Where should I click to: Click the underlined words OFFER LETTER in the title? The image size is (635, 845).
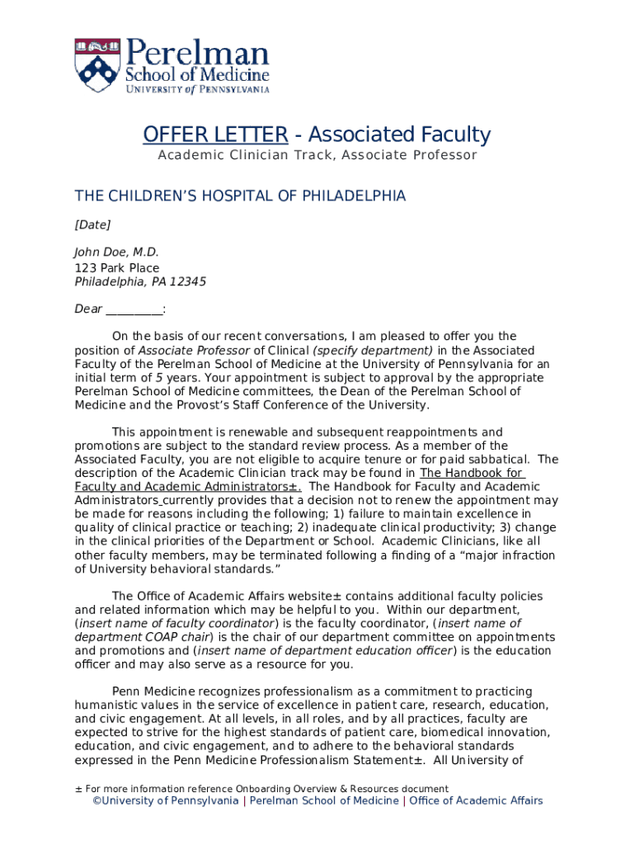[x=215, y=135]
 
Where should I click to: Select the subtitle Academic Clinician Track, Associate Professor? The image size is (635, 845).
[x=317, y=155]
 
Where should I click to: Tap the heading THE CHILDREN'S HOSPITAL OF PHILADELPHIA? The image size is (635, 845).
[x=240, y=196]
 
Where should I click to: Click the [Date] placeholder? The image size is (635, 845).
[x=92, y=224]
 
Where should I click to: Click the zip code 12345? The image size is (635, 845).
[x=188, y=281]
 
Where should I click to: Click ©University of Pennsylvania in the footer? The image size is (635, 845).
[x=165, y=800]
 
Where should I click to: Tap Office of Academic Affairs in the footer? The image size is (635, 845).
[x=476, y=800]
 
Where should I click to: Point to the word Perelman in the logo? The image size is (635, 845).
[x=197, y=55]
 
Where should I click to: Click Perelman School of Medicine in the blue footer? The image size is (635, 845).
[x=323, y=800]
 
